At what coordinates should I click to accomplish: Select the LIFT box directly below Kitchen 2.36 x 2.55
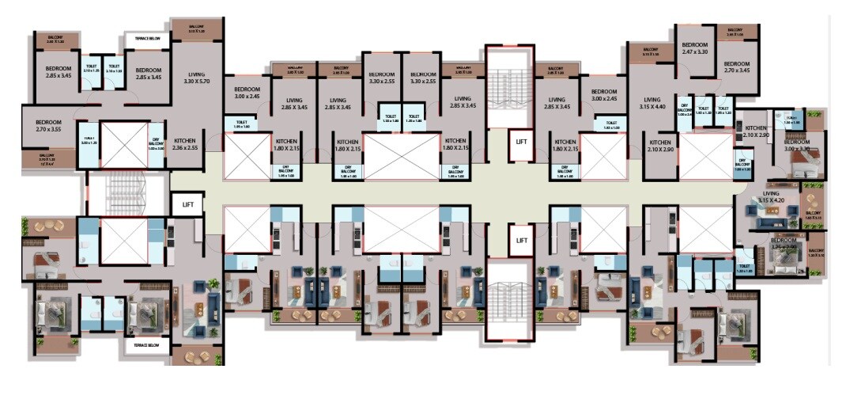[187, 204]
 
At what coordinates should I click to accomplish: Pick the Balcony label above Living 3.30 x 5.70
[196, 29]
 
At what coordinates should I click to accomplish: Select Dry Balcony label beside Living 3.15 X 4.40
[685, 111]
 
